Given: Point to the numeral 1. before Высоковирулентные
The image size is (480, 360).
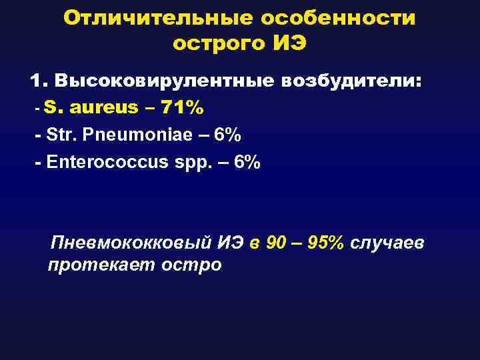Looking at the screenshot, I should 39,82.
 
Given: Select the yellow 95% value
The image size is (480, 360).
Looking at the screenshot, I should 327,242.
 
